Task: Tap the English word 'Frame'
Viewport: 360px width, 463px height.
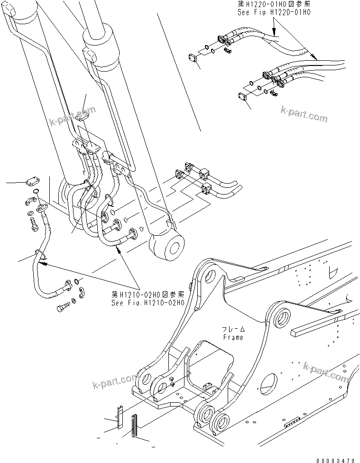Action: click(x=232, y=337)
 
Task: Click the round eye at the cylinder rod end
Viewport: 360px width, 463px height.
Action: click(x=166, y=248)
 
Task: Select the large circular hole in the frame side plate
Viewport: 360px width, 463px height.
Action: click(x=268, y=382)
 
